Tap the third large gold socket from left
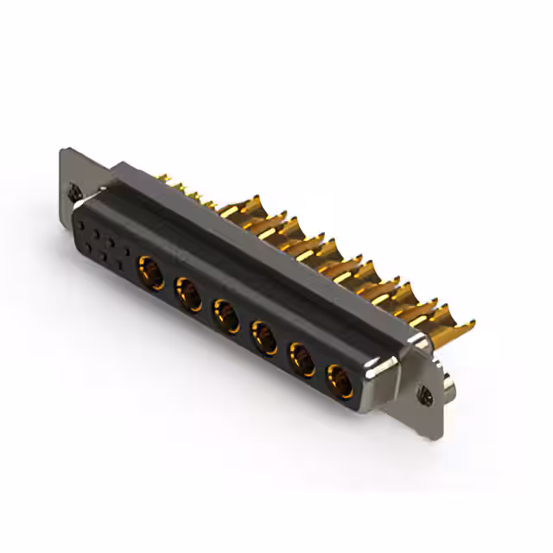226,315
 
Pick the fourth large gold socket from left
264,336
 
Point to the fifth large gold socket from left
302,358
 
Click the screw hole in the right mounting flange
425,395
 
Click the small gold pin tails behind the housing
186,191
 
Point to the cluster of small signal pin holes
104,242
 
